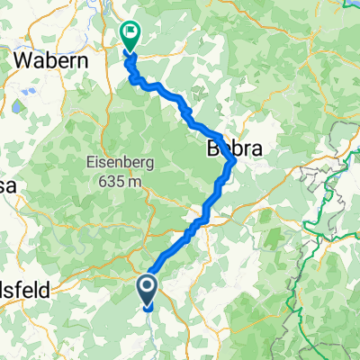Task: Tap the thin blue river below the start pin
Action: (147, 310)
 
